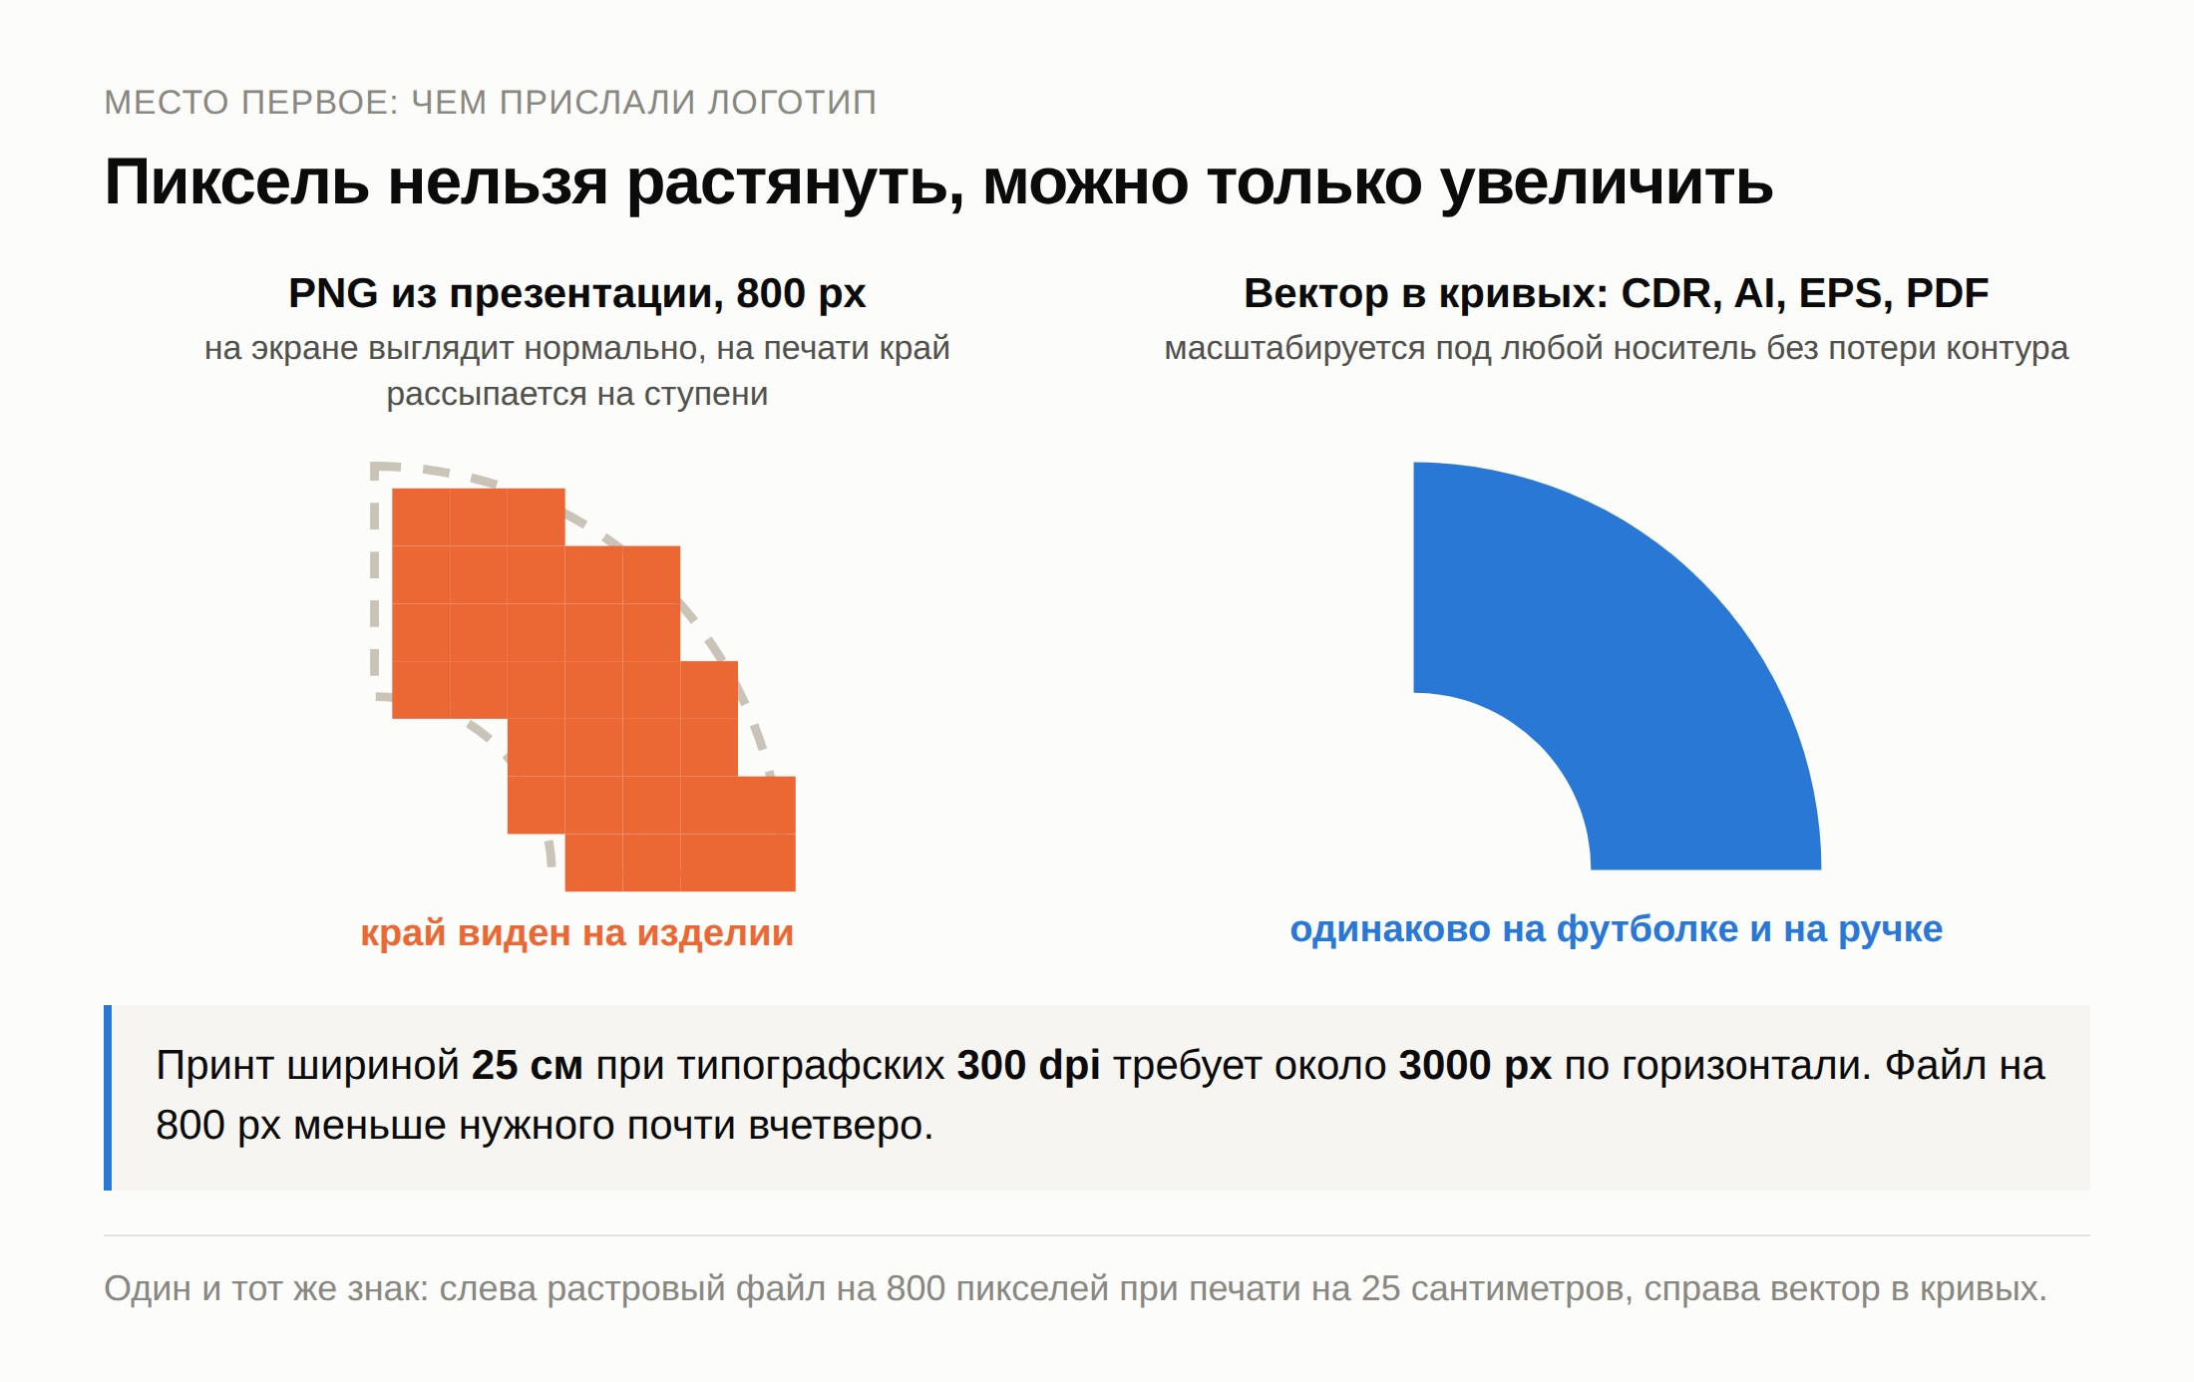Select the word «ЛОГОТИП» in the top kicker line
coord(792,103)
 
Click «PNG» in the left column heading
coord(333,293)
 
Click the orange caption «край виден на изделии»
coord(577,933)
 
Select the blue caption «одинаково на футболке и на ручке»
coord(1617,929)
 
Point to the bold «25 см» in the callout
coord(528,1066)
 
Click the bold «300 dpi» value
coord(1028,1066)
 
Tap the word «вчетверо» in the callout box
coord(840,1126)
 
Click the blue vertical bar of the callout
coord(108,1098)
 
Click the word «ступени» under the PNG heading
coord(706,395)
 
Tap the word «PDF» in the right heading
coord(1948,294)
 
